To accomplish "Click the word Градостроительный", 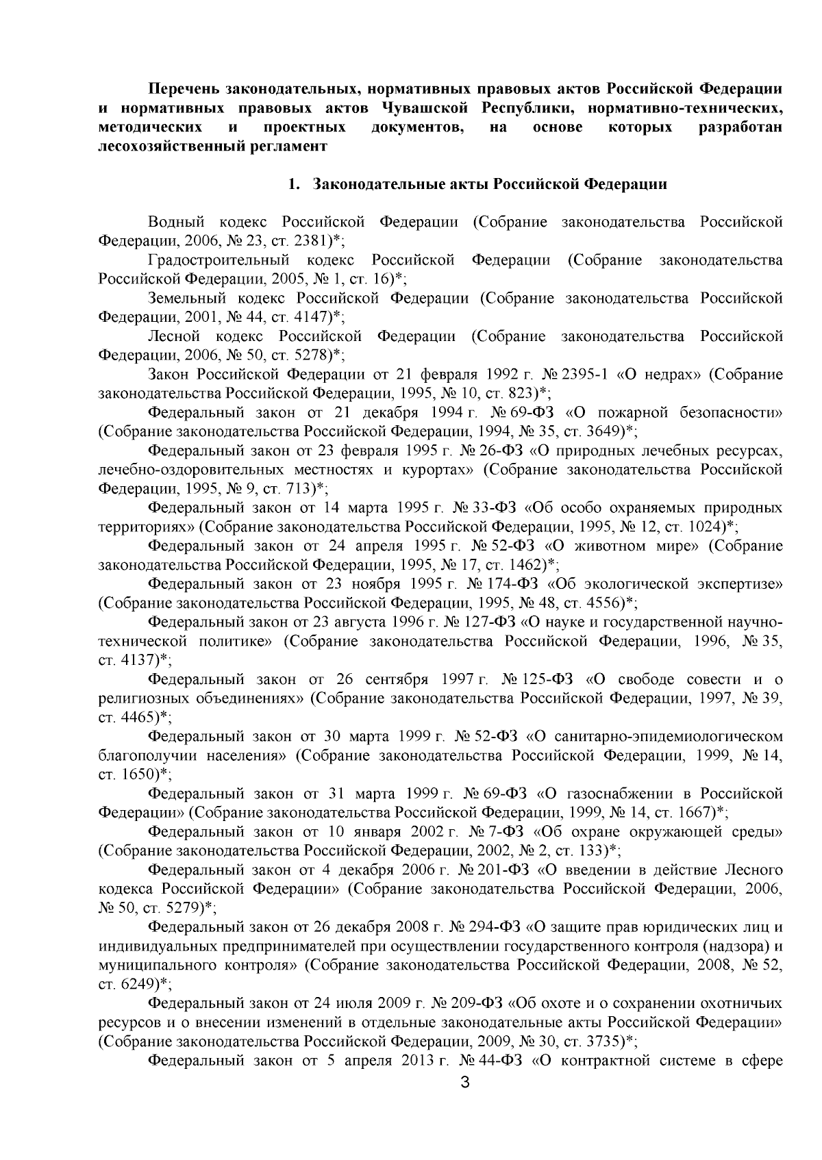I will [219, 260].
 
